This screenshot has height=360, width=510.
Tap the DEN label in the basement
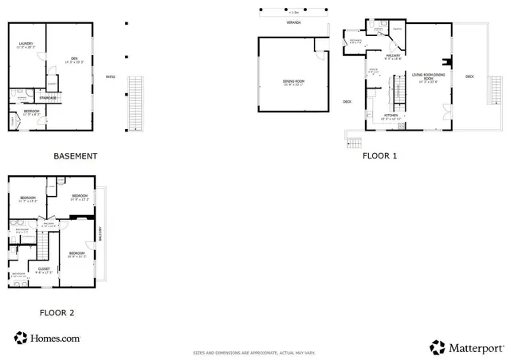(73, 57)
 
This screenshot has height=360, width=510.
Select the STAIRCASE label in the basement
(48, 97)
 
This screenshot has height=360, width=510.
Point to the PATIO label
(111, 77)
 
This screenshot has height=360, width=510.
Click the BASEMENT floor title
(75, 156)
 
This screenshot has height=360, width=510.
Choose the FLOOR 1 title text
(379, 156)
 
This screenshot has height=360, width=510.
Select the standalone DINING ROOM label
(294, 80)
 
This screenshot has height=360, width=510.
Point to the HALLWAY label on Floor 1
(392, 54)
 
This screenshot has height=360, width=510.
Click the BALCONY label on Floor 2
(100, 233)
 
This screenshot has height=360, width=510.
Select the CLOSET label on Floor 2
(44, 268)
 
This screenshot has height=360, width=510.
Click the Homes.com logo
(47, 338)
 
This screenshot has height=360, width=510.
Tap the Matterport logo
(467, 347)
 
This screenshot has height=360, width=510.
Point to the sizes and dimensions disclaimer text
(255, 352)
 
